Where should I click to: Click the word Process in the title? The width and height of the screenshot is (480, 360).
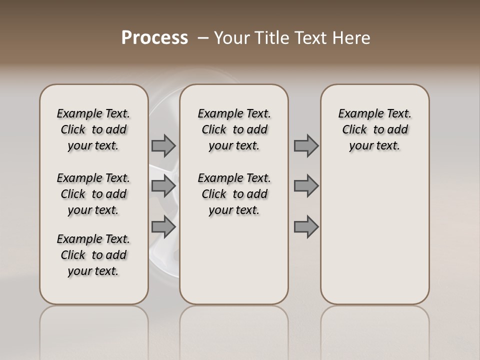(154, 38)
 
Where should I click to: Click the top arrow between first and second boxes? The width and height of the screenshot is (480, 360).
(163, 145)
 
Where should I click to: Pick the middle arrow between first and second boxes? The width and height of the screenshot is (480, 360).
(163, 186)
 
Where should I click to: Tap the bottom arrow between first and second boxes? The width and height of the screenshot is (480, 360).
(163, 226)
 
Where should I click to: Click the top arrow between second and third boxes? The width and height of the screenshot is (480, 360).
(306, 145)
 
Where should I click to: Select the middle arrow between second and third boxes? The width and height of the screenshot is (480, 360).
(306, 186)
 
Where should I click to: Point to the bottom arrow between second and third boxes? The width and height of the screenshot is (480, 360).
(306, 226)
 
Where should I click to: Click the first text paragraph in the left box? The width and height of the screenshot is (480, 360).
(93, 129)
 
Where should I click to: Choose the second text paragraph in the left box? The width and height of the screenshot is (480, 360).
(93, 194)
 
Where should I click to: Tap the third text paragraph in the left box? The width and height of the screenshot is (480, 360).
(93, 255)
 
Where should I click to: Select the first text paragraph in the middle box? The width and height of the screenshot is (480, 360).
(234, 129)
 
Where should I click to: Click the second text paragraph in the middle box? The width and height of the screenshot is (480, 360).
(234, 194)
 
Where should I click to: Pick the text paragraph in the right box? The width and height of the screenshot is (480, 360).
(375, 129)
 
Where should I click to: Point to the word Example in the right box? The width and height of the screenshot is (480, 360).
(356, 114)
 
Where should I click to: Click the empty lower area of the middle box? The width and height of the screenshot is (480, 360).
(234, 260)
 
